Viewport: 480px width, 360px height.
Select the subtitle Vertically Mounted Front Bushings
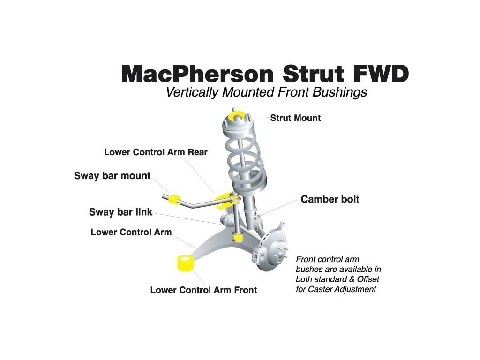pos(266,92)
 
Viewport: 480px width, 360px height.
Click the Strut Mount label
pos(295,118)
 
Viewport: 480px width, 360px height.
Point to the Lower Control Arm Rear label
pos(156,152)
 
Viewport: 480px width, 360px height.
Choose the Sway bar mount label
pos(112,176)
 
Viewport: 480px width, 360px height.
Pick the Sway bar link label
pos(120,212)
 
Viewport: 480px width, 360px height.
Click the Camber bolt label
pos(330,199)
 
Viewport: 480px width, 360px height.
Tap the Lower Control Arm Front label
pos(203,290)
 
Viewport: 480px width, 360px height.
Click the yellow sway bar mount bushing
pos(174,199)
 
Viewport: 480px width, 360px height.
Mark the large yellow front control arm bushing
pos(184,263)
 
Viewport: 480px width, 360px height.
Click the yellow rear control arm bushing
pos(224,201)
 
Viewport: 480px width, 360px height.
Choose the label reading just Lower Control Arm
pos(131,232)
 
